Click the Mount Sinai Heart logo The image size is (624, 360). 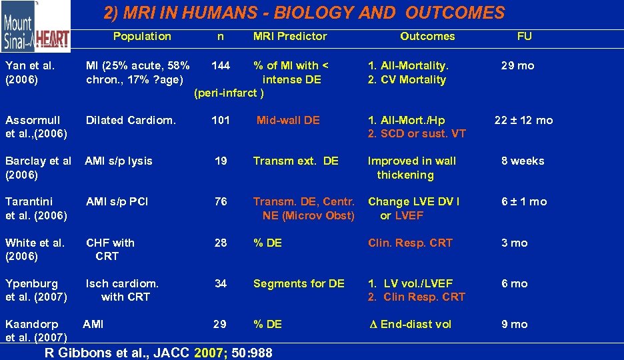pos(35,27)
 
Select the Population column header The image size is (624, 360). pos(142,37)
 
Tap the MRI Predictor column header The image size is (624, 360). pos(290,37)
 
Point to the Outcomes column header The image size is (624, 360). pos(427,37)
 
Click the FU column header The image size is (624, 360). pos(525,37)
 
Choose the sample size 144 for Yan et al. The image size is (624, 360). pos(221,65)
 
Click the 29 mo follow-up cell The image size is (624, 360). pos(518,65)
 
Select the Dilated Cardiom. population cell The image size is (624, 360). pos(131,120)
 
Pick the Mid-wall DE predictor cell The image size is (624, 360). pos(288,120)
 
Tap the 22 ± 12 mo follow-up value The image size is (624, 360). pos(523,120)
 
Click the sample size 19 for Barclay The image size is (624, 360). pos(221,161)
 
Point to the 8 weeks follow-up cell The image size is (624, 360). pos(523,161)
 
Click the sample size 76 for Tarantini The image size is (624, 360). pos(221,201)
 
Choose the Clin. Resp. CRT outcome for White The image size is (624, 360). pos(410,243)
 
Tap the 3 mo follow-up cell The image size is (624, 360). pos(514,243)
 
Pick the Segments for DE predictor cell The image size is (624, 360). pos(299,283)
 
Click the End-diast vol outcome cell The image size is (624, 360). pos(410,324)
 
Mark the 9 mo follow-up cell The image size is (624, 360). pos(514,324)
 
